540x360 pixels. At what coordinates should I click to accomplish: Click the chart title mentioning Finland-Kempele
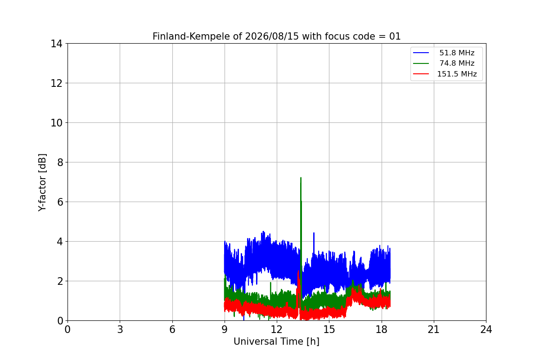[x=276, y=36]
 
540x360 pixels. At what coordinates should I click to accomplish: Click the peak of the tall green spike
[x=301, y=178]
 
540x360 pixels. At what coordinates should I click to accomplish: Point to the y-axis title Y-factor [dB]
[x=42, y=183]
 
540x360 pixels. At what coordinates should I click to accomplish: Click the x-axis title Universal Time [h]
[x=276, y=342]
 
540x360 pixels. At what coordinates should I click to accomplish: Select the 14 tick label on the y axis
[x=56, y=44]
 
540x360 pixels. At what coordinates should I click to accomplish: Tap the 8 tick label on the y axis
[x=60, y=162]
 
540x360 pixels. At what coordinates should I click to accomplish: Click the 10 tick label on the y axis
[x=56, y=123]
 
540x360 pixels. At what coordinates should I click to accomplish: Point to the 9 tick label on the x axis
[x=225, y=329]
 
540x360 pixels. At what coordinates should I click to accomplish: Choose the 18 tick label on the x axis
[x=382, y=329]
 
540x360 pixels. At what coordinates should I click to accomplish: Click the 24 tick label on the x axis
[x=486, y=329]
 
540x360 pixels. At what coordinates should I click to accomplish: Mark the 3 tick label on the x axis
[x=120, y=329]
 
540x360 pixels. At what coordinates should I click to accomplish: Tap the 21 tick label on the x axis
[x=434, y=329]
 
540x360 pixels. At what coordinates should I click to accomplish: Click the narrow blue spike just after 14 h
[x=314, y=233]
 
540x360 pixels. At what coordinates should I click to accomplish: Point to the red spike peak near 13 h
[x=298, y=271]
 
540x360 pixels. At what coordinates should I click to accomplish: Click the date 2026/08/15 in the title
[x=272, y=36]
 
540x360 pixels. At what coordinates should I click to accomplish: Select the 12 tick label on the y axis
[x=56, y=83]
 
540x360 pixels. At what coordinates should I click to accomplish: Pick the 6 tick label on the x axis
[x=172, y=329]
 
